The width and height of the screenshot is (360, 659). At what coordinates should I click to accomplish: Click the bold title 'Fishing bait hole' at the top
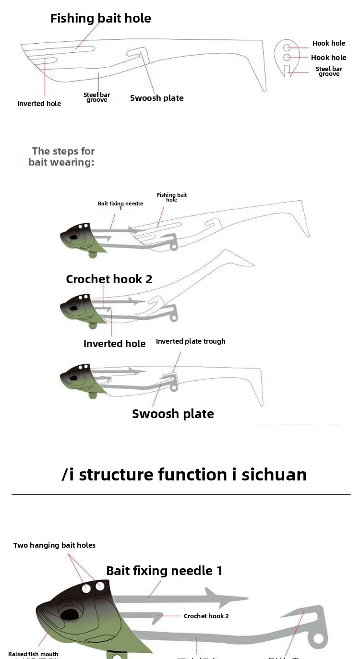click(101, 19)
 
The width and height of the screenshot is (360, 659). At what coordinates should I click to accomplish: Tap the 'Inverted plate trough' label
click(191, 341)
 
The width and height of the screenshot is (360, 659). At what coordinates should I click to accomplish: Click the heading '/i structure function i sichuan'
click(184, 474)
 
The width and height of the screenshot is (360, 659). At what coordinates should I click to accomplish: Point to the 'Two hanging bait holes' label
click(54, 545)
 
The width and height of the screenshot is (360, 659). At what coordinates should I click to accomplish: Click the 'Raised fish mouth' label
click(33, 654)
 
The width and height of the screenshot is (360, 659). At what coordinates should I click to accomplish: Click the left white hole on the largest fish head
click(87, 588)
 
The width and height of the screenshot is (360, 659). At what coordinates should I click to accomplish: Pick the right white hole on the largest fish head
click(100, 586)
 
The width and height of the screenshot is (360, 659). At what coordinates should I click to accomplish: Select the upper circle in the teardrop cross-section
click(287, 48)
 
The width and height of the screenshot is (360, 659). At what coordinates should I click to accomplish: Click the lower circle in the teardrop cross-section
click(287, 58)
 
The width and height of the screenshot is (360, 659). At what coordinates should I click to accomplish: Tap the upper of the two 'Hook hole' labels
click(329, 43)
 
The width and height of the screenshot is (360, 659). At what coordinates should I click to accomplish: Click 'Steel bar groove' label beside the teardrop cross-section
click(329, 72)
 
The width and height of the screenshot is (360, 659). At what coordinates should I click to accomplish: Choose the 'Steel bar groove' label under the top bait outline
click(97, 97)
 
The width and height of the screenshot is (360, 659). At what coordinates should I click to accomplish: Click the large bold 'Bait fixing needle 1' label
click(164, 571)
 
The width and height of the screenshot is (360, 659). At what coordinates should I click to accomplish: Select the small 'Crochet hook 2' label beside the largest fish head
click(206, 616)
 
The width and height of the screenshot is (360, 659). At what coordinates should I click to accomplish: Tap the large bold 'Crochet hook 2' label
click(109, 279)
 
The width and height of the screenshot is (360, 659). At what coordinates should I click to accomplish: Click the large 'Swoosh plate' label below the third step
click(173, 414)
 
